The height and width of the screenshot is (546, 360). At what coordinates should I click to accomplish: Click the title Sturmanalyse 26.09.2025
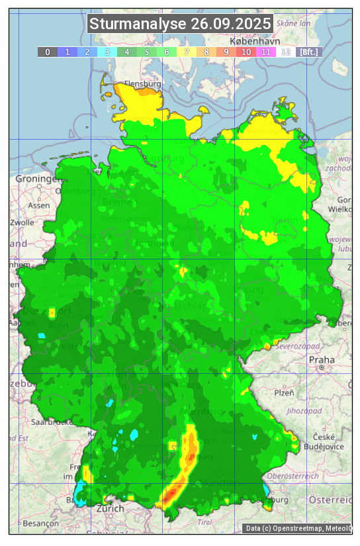click(180, 24)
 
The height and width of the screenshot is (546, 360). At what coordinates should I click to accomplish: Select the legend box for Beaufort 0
click(47, 52)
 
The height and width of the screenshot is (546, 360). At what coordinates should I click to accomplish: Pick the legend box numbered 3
click(107, 52)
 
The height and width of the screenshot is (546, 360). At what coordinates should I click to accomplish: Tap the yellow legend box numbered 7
click(186, 52)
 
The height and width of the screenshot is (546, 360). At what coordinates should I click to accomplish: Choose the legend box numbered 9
click(226, 52)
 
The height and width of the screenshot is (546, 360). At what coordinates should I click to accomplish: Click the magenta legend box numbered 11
click(265, 52)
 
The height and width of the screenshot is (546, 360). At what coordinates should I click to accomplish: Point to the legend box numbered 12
click(285, 52)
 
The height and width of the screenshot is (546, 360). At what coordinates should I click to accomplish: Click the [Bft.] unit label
click(308, 52)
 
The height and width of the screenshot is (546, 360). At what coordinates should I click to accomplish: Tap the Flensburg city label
click(142, 85)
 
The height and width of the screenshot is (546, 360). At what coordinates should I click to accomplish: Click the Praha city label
click(317, 359)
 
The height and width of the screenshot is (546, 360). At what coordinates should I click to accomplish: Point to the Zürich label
click(110, 508)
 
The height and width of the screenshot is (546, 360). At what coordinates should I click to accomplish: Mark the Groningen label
click(36, 179)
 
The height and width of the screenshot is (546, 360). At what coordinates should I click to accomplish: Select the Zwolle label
click(22, 222)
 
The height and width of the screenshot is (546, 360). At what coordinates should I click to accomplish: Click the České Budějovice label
click(328, 441)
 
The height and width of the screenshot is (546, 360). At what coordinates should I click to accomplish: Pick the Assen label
click(39, 205)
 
